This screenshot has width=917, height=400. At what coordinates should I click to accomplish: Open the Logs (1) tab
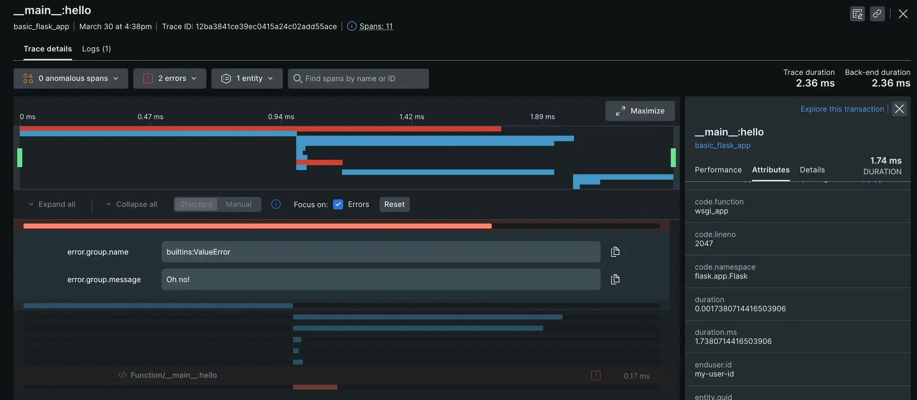coord(96,49)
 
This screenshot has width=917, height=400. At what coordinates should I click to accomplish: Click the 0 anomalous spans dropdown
coord(71,78)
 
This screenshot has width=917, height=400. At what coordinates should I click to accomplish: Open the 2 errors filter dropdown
coord(170,78)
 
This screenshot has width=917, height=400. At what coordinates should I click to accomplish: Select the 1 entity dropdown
coord(247,78)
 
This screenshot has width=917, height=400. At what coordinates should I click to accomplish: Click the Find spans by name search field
coord(358,78)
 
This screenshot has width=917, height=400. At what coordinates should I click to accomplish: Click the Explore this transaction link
coord(842,109)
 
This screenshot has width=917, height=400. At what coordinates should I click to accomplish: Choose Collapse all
coord(131,204)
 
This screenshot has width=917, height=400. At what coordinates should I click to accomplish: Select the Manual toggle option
coord(238,204)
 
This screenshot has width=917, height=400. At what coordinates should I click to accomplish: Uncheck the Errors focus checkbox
coord(338,204)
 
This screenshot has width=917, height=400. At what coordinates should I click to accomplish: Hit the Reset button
coord(394,204)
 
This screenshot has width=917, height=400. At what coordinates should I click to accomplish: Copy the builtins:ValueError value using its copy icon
coord(615,252)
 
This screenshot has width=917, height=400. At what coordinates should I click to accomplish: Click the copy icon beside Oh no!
coord(615,279)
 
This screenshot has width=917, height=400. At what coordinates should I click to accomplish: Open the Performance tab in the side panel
coord(718,170)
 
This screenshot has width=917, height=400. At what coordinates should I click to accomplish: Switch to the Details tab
coord(812,170)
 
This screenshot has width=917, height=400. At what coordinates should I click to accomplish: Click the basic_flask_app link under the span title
coord(722,145)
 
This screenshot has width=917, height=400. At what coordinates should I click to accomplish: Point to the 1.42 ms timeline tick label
coord(411,116)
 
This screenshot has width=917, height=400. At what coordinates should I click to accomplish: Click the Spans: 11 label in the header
coord(375,26)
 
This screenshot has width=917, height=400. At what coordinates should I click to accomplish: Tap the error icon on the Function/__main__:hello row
coord(596,376)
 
